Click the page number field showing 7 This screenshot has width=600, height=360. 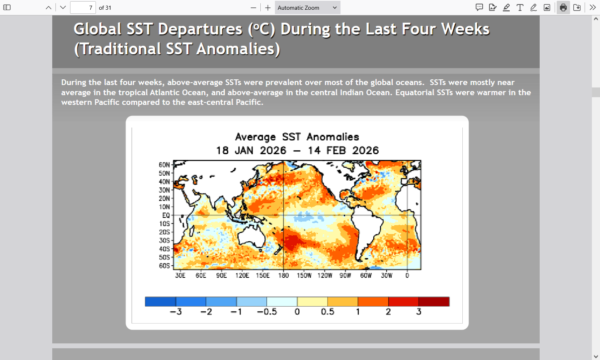[x=83, y=8]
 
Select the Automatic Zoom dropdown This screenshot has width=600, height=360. [x=307, y=8]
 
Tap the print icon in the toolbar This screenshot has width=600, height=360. [x=563, y=8]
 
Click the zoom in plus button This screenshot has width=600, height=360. [x=268, y=8]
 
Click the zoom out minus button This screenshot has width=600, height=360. [x=253, y=8]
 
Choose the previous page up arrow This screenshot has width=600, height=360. [x=49, y=8]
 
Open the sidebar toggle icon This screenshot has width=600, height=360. [x=7, y=8]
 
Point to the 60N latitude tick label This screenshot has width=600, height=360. [x=164, y=165]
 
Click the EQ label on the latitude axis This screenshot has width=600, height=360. [x=166, y=215]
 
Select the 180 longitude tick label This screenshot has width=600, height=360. [x=283, y=276]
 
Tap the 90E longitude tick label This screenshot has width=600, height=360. [x=221, y=276]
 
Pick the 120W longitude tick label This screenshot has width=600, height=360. [x=325, y=276]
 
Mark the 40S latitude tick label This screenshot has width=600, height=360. [x=164, y=249]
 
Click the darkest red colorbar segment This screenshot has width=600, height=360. [x=434, y=302]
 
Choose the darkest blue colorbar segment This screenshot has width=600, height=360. [x=160, y=302]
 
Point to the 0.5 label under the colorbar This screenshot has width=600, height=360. [x=328, y=311]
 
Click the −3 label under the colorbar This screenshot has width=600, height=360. [x=176, y=311]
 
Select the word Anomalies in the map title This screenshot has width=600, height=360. [x=333, y=137]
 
